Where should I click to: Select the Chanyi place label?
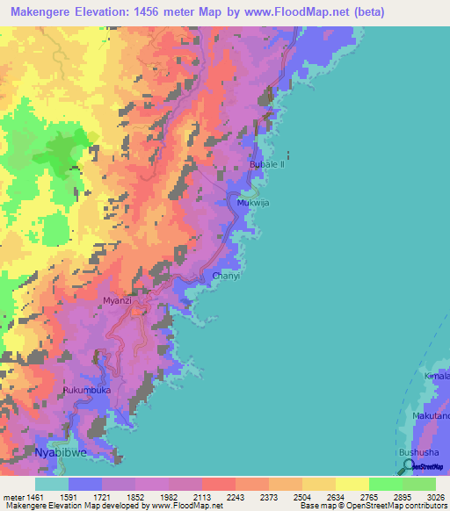coord(226,276)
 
